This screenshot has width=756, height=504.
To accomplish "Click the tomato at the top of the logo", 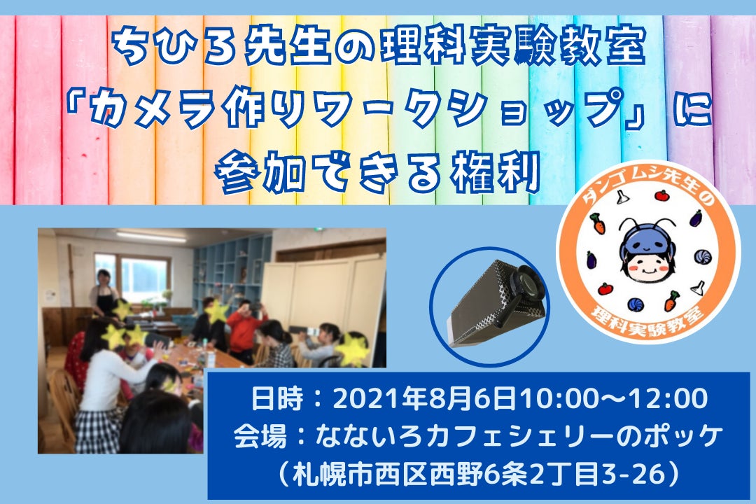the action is tap(661, 195).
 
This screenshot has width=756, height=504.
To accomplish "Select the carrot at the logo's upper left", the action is tap(598, 223).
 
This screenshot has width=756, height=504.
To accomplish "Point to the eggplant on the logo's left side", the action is tap(591, 260).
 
